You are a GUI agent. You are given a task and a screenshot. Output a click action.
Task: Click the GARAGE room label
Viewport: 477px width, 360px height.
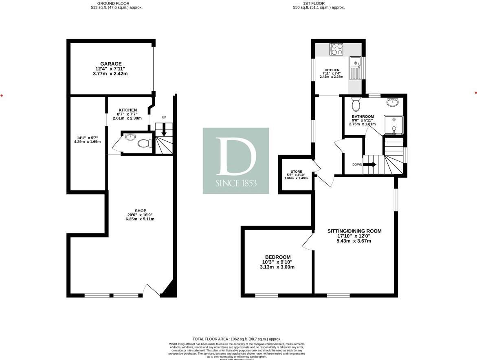click(x=111, y=64)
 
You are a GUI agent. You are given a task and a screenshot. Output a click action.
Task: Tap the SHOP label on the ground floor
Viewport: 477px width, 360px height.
click(x=140, y=211)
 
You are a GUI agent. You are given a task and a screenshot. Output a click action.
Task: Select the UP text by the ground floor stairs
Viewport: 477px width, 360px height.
click(x=164, y=117)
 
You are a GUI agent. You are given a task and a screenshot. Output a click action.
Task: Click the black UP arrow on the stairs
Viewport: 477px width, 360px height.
click(x=164, y=131)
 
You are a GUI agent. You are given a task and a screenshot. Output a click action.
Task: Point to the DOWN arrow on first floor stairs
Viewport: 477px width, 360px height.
click(x=370, y=165)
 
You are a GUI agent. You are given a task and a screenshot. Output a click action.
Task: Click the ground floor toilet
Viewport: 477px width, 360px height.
click(x=144, y=143)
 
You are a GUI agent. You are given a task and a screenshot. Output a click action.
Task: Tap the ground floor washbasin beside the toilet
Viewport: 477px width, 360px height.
click(x=130, y=137)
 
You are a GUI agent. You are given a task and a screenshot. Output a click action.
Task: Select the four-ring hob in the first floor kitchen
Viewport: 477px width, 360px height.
click(x=336, y=49)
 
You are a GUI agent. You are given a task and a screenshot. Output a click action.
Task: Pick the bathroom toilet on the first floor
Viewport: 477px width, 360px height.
click(x=356, y=104)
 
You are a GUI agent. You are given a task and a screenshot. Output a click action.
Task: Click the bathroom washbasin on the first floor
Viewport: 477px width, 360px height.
click(x=393, y=102)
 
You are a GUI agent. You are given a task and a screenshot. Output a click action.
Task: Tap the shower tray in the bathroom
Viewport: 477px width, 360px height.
click(x=393, y=125)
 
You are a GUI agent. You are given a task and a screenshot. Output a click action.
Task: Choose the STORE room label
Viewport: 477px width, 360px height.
click(x=296, y=171)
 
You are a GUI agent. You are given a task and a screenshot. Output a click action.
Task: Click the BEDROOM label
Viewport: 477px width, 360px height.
click(x=278, y=257)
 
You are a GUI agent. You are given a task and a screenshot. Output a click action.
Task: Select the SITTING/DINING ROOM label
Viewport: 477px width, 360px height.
click(x=354, y=231)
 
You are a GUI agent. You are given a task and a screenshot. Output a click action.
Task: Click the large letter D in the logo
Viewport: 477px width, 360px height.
click(x=236, y=156)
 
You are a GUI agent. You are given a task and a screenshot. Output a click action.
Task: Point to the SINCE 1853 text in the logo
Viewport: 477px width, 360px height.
click(x=236, y=183)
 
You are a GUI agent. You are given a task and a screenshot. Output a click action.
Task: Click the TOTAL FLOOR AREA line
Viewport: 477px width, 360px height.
click(x=237, y=339)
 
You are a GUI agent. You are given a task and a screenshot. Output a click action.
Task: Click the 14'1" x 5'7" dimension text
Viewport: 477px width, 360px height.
click(x=87, y=137)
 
